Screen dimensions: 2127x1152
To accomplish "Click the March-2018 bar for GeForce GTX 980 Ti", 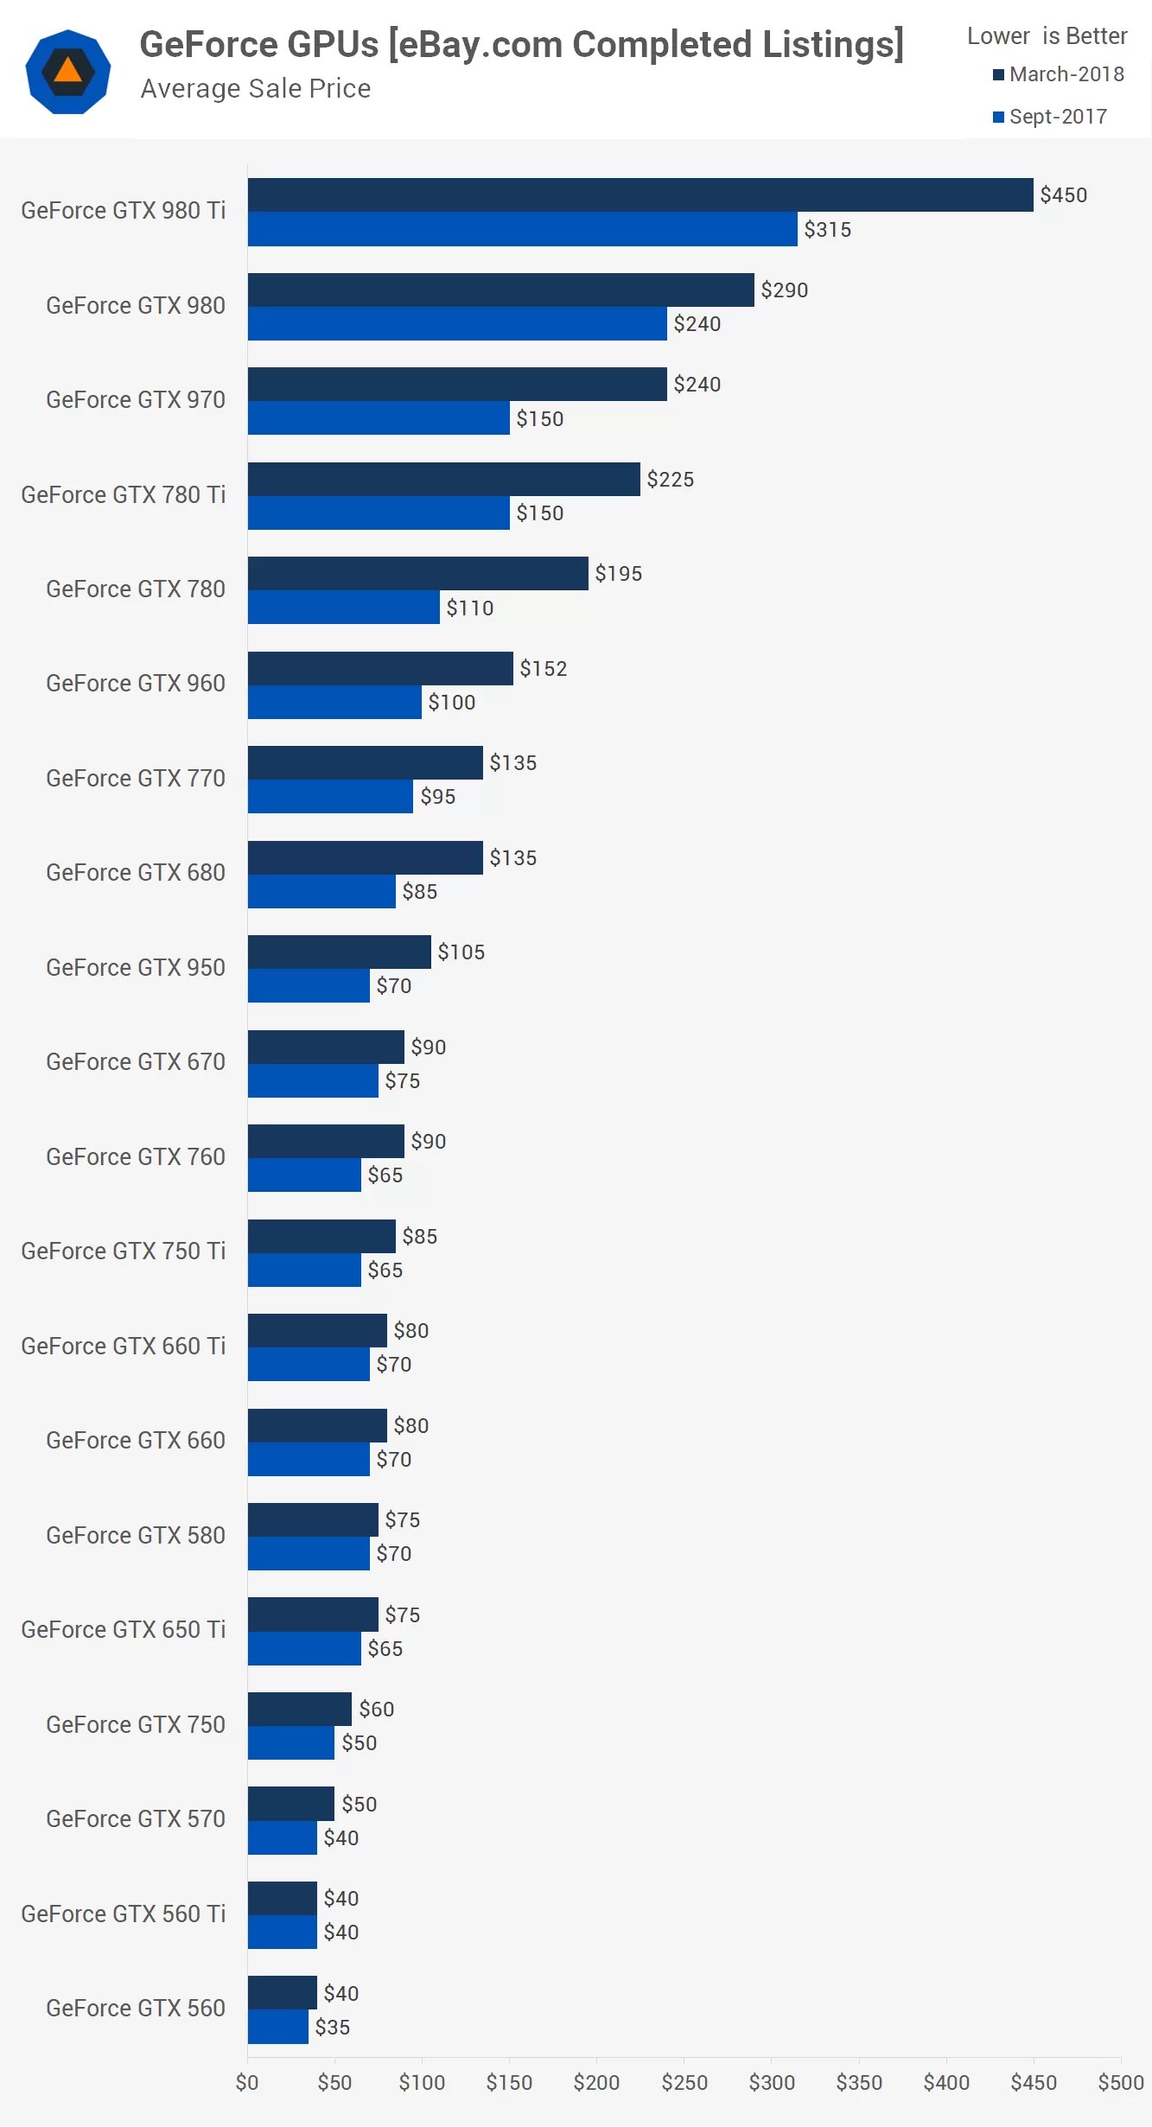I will coord(640,195).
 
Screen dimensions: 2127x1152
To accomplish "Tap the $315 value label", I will coord(827,230).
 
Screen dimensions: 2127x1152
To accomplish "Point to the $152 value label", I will coord(543,669).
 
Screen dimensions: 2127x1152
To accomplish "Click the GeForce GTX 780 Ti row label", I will coord(123,495).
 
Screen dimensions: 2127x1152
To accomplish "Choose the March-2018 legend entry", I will coord(1059,75).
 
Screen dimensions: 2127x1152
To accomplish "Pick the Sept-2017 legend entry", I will coord(1050,118).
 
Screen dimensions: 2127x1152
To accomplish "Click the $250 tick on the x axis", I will coord(684,2083).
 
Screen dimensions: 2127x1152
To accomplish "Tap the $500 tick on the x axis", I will coord(1120,2083).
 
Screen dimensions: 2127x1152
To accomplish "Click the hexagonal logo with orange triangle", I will coord(68,72).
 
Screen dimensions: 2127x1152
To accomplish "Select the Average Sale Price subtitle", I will coord(256,89).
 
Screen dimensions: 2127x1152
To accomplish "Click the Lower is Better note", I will coord(1047,36).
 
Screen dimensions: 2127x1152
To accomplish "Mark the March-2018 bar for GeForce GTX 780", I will coord(417,574).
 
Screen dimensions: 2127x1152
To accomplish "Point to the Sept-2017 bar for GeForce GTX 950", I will coord(309,986).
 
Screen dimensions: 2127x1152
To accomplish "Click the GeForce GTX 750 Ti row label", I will coord(123,1251).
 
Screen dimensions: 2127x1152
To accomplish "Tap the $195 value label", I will coord(618,574).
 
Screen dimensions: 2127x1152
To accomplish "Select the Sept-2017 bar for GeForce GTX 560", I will coord(277,2027).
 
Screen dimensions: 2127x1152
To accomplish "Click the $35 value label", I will coord(332,2028).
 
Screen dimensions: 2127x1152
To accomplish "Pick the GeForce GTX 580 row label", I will coord(135,1536).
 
